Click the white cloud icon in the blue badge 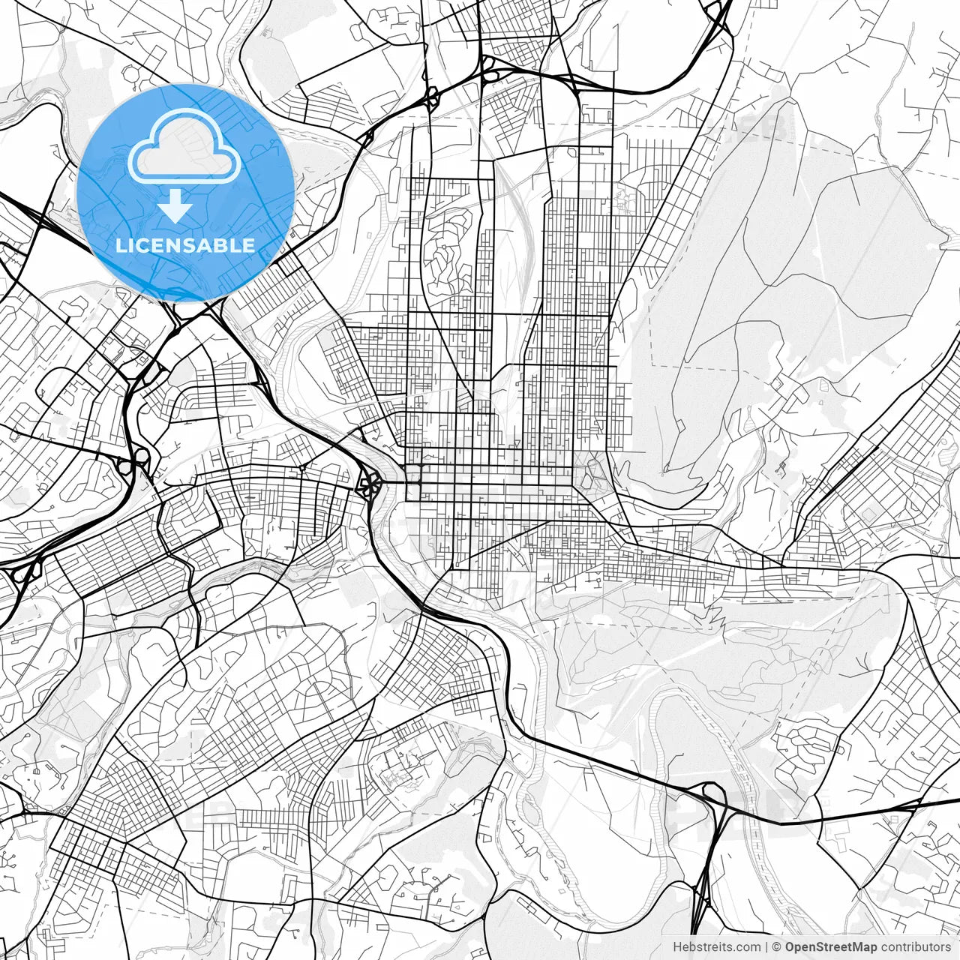click(x=184, y=145)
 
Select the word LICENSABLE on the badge click(x=185, y=245)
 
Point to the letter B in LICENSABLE click(x=220, y=245)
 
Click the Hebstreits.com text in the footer click(x=716, y=947)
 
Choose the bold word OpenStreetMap click(x=831, y=947)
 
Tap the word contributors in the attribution click(x=916, y=947)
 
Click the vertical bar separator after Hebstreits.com click(x=766, y=947)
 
